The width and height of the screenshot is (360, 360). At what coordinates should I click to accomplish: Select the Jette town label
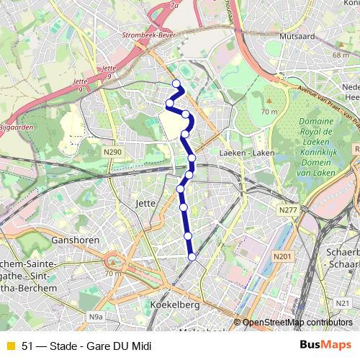(x=145, y=204)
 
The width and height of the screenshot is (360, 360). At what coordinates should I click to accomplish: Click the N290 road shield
(x=112, y=153)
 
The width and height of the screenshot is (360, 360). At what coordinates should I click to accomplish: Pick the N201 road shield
(x=282, y=256)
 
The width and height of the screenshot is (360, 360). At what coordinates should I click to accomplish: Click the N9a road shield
(x=96, y=317)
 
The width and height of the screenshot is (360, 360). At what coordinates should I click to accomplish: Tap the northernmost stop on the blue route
(x=176, y=84)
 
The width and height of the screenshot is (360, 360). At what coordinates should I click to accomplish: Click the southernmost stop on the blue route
(x=192, y=256)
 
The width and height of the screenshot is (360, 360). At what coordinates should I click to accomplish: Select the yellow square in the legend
(x=10, y=346)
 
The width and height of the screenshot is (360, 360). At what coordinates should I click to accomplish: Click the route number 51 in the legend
(x=27, y=346)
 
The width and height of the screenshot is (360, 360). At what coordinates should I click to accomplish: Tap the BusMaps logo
(x=320, y=345)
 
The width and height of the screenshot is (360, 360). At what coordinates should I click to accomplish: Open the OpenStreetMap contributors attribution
(x=297, y=322)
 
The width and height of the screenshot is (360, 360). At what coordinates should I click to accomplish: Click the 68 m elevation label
(x=341, y=55)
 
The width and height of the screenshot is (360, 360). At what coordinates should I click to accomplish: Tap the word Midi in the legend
(x=140, y=346)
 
